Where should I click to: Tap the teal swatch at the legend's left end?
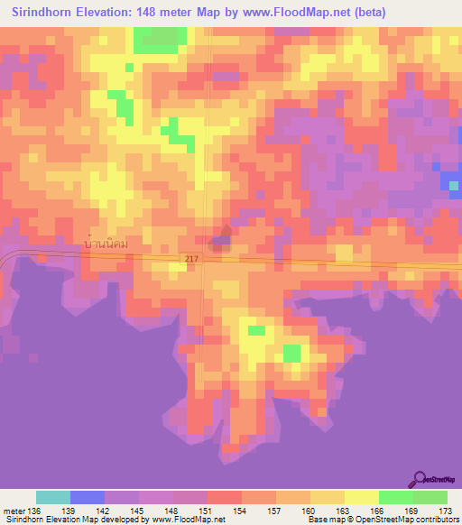click(x=53, y=497)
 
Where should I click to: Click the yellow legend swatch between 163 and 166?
click(x=361, y=497)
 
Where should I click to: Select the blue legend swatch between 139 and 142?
click(x=88, y=497)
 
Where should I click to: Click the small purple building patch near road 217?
click(x=219, y=242)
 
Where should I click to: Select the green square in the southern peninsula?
click(x=292, y=353)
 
